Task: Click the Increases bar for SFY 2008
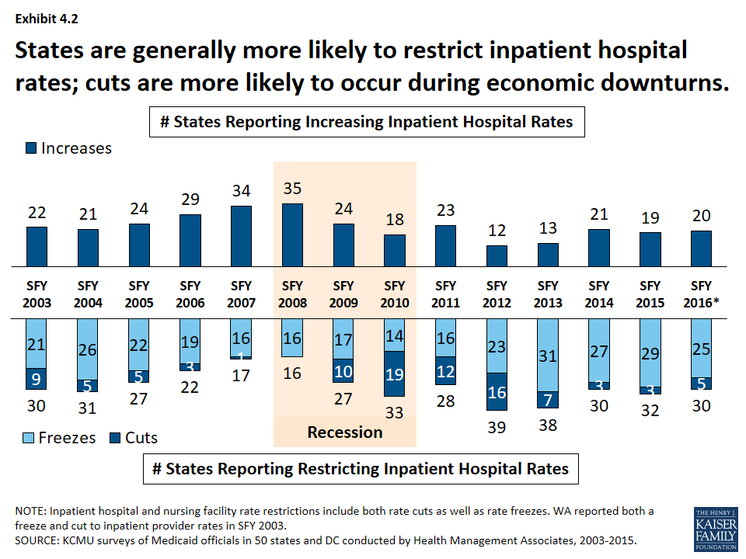click(292, 235)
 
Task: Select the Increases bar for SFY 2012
click(497, 256)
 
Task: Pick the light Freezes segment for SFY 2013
click(548, 355)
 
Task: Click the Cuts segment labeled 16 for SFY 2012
click(497, 391)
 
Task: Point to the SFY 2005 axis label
click(138, 294)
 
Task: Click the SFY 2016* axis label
click(701, 294)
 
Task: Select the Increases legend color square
click(32, 148)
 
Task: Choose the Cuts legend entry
click(133, 438)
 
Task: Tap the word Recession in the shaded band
click(345, 432)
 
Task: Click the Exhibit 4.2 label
click(44, 17)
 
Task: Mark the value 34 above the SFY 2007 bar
click(242, 190)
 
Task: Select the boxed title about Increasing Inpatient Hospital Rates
click(366, 122)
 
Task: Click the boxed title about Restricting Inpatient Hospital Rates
click(366, 469)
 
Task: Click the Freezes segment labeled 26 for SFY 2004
click(88, 349)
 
